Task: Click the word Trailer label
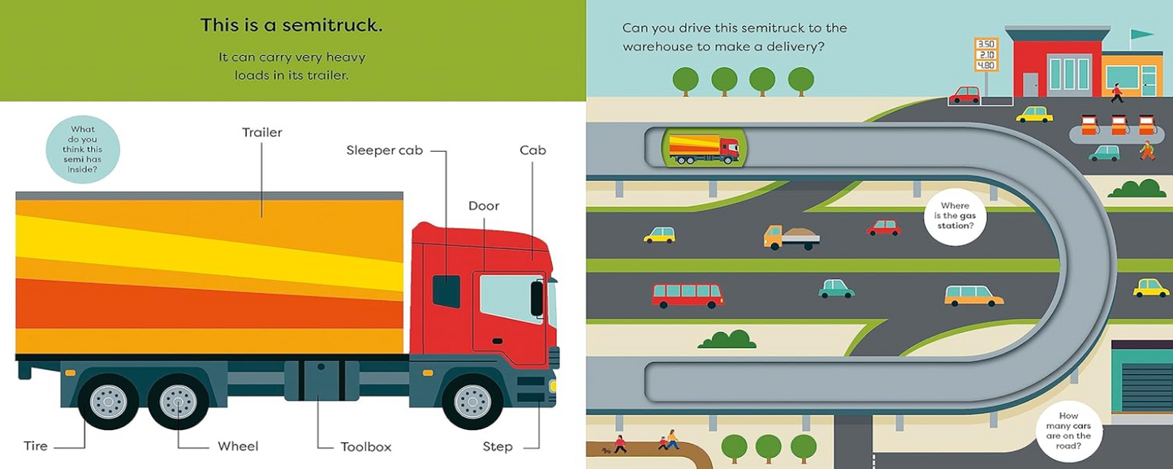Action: [261, 132]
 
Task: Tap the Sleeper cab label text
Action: [384, 150]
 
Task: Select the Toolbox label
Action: [365, 446]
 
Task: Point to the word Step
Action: [498, 446]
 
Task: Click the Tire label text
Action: [36, 445]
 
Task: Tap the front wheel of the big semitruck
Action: [472, 401]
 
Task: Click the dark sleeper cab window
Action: [446, 291]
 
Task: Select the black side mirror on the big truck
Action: [537, 298]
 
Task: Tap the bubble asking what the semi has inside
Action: [83, 149]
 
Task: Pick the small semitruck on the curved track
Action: [703, 149]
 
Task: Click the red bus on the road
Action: [687, 295]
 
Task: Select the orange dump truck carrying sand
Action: [791, 237]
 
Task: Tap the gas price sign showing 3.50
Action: [985, 44]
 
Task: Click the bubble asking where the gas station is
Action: [955, 216]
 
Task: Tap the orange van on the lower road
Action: [973, 295]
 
